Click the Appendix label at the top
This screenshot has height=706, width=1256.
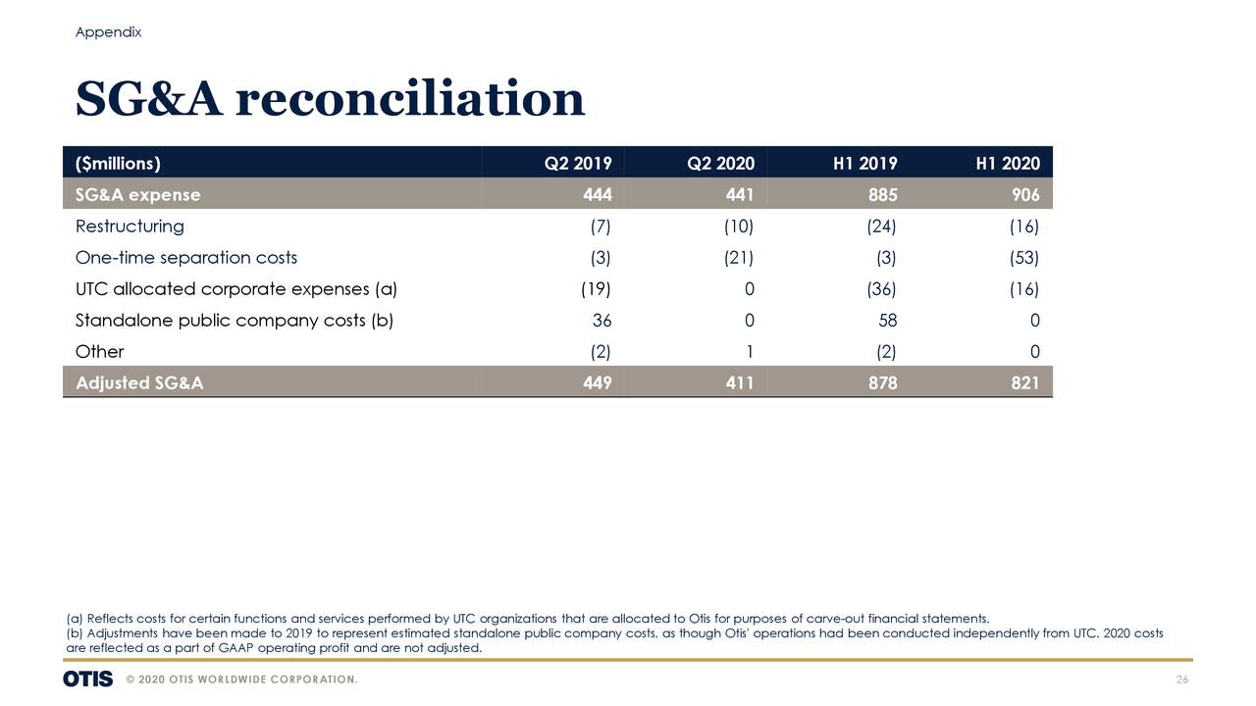[108, 32]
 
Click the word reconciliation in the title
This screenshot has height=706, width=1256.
[409, 99]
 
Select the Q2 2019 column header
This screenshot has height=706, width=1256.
[578, 163]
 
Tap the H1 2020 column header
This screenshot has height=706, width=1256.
[1007, 163]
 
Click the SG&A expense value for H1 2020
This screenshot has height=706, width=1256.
[1025, 195]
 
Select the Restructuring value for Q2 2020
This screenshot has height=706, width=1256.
[738, 227]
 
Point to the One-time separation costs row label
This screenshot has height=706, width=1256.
[185, 258]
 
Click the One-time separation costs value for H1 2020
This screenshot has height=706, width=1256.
[1023, 258]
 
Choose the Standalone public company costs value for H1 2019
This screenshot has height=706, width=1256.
[887, 321]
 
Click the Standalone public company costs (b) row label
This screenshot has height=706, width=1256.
[234, 321]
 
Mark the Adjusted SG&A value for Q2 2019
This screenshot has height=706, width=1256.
[597, 383]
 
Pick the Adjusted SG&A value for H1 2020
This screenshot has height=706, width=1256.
[1025, 383]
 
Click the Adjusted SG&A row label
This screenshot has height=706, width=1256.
[139, 383]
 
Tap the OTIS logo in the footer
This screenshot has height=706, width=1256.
[87, 680]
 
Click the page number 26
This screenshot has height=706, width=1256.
[1181, 681]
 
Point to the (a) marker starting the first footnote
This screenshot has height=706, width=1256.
[75, 618]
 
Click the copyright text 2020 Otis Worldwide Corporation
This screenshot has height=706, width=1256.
[241, 681]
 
